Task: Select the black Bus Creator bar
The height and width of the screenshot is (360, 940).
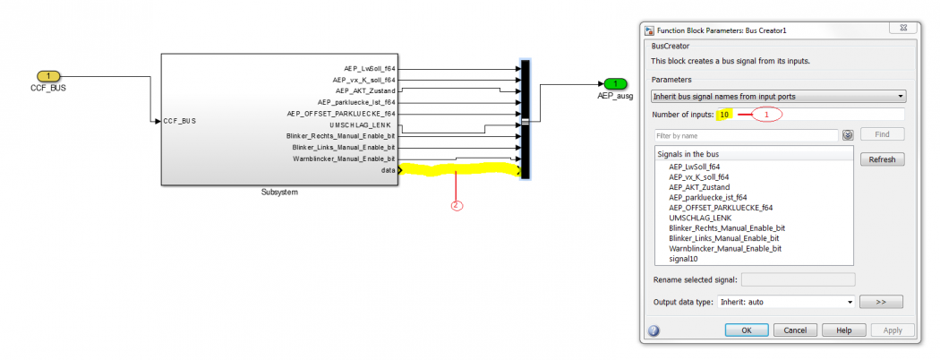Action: point(525,119)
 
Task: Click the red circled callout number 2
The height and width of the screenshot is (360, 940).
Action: point(457,205)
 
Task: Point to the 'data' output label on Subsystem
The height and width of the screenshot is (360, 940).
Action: point(388,169)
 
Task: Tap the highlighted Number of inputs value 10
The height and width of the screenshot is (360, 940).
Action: point(725,115)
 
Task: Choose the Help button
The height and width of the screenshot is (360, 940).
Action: point(842,330)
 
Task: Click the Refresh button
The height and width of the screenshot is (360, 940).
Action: point(882,159)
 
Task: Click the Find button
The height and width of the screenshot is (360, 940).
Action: point(882,134)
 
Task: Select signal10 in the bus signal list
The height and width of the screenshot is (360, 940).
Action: point(683,259)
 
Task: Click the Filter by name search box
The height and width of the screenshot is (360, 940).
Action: point(747,135)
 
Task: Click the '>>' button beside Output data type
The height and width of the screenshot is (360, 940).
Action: point(881,302)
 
